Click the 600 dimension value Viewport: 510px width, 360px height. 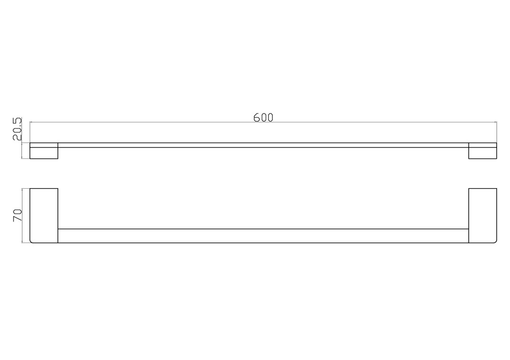263,118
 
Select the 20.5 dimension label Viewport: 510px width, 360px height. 17,129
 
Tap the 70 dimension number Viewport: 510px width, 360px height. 17,215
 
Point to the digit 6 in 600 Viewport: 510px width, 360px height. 257,118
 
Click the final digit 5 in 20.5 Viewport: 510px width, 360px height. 17,120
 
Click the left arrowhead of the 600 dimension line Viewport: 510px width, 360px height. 31,122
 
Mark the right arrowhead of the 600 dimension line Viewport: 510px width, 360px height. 496,122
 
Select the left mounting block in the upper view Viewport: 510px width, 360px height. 44,151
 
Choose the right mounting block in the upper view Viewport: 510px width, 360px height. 483,151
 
